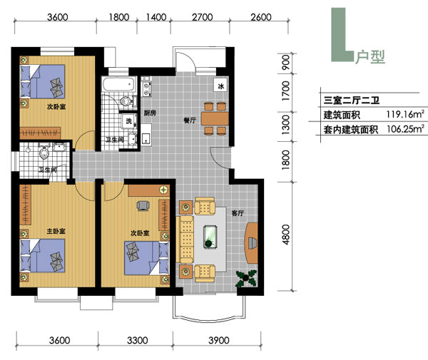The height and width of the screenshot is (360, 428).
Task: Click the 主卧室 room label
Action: point(56,231)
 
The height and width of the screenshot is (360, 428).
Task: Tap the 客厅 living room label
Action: point(238,213)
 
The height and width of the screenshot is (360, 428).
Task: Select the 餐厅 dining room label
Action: point(190,120)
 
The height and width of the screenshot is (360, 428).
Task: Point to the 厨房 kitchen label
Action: point(150,113)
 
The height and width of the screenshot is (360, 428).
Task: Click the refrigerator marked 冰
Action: point(221,86)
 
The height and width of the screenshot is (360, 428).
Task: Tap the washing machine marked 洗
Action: point(128,120)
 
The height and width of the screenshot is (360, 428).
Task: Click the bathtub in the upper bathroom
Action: point(118,84)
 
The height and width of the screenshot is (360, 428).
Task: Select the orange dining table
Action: point(215,118)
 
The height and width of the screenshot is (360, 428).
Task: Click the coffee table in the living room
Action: point(210,237)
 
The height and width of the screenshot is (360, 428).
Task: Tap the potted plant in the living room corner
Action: point(246,278)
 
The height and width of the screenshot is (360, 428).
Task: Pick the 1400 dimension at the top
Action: point(156,17)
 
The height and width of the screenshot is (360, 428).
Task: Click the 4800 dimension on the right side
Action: point(286,235)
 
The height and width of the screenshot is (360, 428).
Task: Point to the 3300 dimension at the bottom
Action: point(137,340)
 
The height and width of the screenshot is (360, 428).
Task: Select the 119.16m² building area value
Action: point(405,114)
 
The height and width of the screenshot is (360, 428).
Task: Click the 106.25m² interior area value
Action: point(405,129)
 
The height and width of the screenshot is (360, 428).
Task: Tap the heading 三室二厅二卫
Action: point(351,101)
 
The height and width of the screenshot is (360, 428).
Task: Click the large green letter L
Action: point(342,35)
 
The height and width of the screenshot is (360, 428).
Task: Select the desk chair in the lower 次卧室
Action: point(143,206)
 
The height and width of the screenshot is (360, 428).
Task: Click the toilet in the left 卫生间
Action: point(44,153)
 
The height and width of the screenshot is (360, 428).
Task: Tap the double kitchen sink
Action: point(146,88)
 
